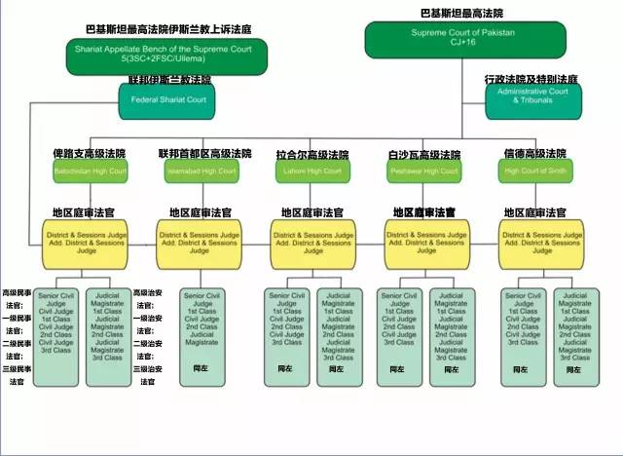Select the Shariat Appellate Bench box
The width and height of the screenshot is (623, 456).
click(x=141, y=55)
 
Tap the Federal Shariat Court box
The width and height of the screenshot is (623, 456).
click(x=166, y=99)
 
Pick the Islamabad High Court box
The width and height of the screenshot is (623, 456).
click(x=201, y=171)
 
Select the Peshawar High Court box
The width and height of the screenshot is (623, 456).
click(x=422, y=171)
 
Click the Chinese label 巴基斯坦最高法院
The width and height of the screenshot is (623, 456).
click(x=461, y=13)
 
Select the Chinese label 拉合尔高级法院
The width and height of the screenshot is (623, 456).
click(x=312, y=155)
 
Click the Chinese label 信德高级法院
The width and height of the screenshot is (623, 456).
click(x=534, y=154)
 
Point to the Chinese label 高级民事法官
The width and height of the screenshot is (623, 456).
click(x=17, y=298)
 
